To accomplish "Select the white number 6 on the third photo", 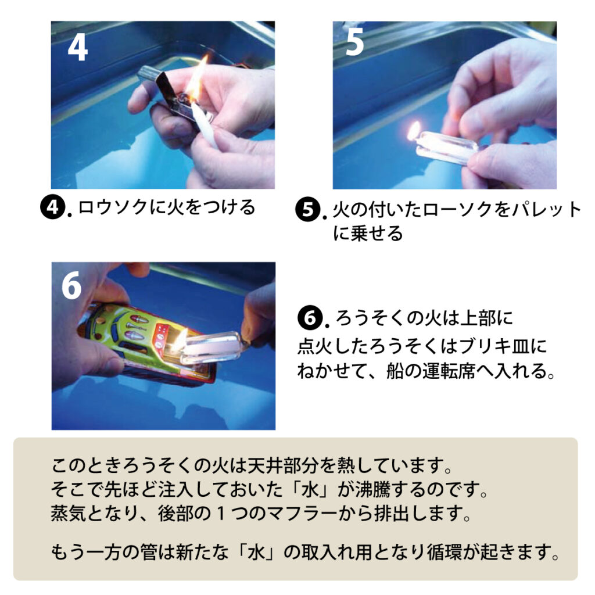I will click(71, 286).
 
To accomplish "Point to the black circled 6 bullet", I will click(309, 318).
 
